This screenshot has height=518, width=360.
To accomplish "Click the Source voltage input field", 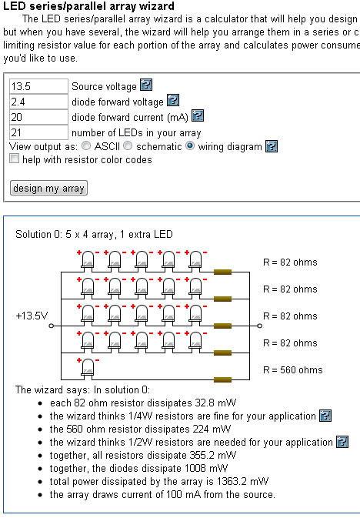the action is pyautogui.click(x=38, y=86).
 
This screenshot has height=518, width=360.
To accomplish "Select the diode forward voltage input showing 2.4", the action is pyautogui.click(x=38, y=102).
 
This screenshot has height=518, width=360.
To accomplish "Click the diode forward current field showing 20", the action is pyautogui.click(x=38, y=117).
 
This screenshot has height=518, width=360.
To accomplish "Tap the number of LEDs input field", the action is pyautogui.click(x=38, y=132).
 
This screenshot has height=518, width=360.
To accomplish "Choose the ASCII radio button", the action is pyautogui.click(x=86, y=145).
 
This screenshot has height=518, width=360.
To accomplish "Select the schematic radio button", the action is pyautogui.click(x=128, y=145).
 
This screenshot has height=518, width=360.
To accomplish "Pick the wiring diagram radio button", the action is pyautogui.click(x=190, y=145).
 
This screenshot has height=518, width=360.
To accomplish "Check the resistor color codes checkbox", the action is pyautogui.click(x=14, y=159).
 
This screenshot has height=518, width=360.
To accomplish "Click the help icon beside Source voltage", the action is pyautogui.click(x=146, y=85).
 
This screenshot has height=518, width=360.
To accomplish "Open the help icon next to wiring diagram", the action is pyautogui.click(x=272, y=146).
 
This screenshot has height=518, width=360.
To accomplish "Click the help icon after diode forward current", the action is pyautogui.click(x=198, y=115).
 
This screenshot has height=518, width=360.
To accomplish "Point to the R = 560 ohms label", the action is pyautogui.click(x=292, y=369).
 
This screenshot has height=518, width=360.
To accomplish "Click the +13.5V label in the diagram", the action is pyautogui.click(x=32, y=316).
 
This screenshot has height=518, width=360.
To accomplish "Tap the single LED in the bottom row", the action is pyautogui.click(x=88, y=367).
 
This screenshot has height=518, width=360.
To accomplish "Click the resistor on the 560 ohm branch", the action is pyautogui.click(x=222, y=379).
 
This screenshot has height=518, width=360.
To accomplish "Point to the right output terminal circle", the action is pyautogui.click(x=259, y=326).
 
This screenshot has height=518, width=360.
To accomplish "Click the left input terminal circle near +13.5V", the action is pyautogui.click(x=52, y=326).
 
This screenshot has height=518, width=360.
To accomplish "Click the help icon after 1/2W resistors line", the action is pyautogui.click(x=342, y=442).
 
